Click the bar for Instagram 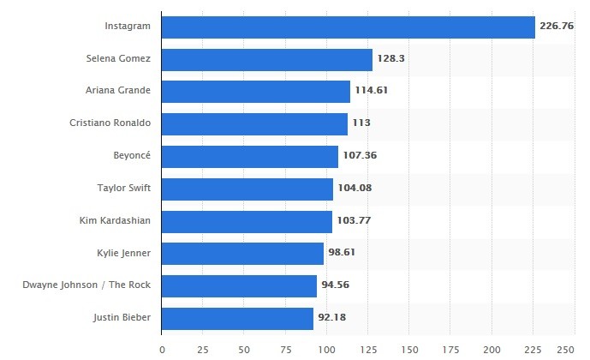point(348,27)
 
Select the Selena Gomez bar point(266,59)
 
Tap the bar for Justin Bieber point(237,318)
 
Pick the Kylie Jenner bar point(242,253)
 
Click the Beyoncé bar point(250,156)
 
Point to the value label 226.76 point(556,27)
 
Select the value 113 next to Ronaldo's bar point(361,123)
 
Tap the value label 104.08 point(355,189)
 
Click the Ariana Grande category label point(118,91)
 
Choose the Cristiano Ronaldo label point(110,123)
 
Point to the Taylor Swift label point(124,189)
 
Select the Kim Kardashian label point(114,221)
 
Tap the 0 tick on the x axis point(162,350)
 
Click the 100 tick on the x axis point(327,350)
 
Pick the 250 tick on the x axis point(566,350)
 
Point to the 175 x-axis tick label point(450,350)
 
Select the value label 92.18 point(335,318)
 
